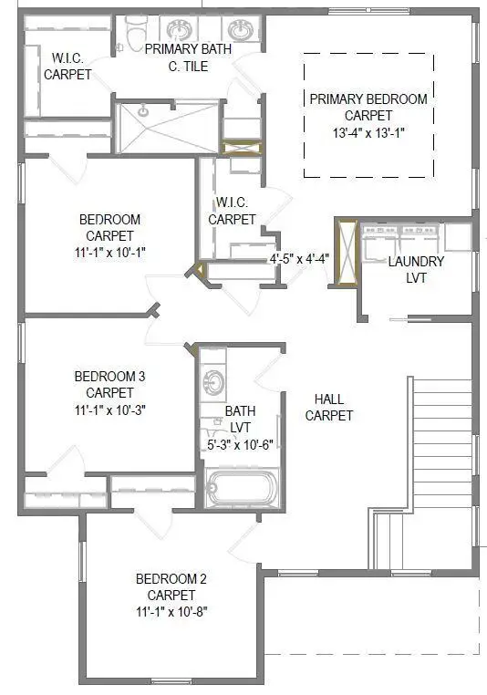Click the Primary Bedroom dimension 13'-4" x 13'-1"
pos(368,131)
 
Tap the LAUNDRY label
pos(416,262)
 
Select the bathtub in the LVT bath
pos(241,488)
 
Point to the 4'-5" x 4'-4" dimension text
pos(299,258)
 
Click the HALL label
pos(328,399)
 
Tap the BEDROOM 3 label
pos(110,376)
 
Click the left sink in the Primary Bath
pos(175,27)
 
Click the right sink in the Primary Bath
pos(240,27)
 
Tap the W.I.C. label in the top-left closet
pos(67,57)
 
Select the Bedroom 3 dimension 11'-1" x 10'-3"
pos(110,410)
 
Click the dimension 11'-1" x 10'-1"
pos(109,252)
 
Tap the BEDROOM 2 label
pos(171,579)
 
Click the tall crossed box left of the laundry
pos(346,251)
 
